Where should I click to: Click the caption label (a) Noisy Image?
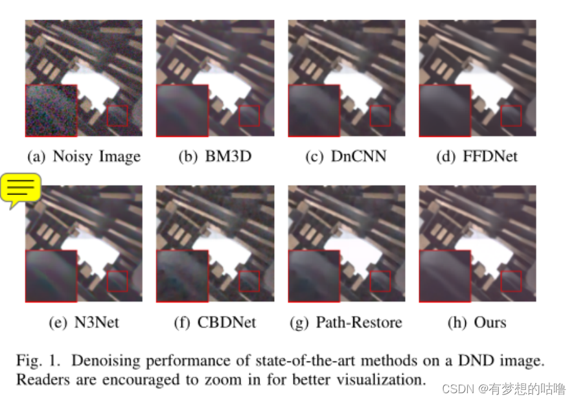(x=83, y=156)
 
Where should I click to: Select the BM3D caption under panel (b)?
(x=215, y=156)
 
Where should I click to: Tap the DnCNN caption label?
(x=345, y=156)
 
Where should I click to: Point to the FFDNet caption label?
(x=478, y=156)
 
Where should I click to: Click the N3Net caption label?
(x=84, y=322)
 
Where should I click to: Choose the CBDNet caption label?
(x=214, y=322)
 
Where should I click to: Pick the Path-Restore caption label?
(x=347, y=322)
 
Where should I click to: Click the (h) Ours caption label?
(x=477, y=322)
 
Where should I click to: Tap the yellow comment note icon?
(x=21, y=190)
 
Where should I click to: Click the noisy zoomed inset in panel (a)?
(x=51, y=110)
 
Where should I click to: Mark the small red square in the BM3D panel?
(x=249, y=116)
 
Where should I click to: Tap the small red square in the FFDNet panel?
(x=511, y=116)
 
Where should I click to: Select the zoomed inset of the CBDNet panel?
(x=182, y=276)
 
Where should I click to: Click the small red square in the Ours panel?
(x=511, y=281)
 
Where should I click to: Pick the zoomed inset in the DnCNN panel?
(x=314, y=110)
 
